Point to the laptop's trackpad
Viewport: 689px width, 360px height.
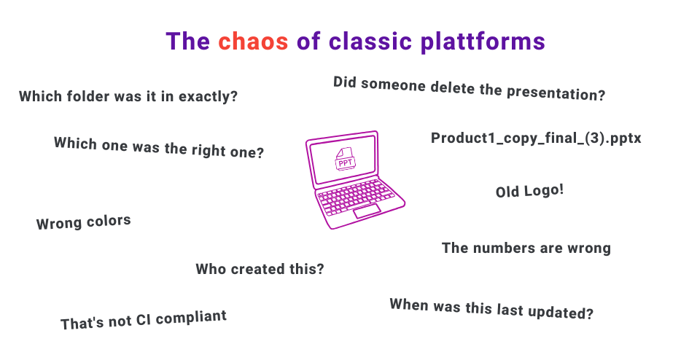point(367,212)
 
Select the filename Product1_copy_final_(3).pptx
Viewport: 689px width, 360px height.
point(536,138)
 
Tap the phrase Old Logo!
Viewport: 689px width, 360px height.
point(529,191)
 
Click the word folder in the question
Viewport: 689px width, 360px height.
point(86,96)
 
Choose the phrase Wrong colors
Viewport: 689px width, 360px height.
point(83,222)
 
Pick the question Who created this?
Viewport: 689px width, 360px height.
point(260,269)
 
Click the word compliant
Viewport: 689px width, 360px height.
point(193,318)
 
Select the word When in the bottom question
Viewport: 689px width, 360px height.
point(408,304)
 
